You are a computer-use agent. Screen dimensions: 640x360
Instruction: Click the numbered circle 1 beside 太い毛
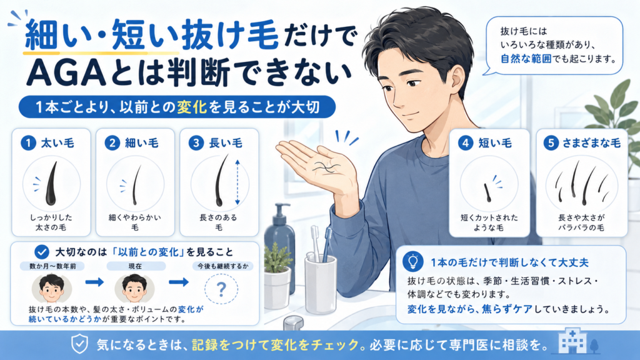[28, 143]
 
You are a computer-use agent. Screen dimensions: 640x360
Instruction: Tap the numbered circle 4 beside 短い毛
[465, 143]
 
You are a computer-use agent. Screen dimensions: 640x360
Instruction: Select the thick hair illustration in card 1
[51, 184]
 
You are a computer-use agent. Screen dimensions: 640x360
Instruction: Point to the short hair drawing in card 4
[487, 192]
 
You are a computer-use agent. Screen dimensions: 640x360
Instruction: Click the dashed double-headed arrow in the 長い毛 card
[237, 182]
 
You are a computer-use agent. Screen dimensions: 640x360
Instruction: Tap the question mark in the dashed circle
[221, 289]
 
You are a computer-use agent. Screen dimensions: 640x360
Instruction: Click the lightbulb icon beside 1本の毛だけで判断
[412, 262]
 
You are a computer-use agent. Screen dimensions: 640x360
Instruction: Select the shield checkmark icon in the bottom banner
[79, 344]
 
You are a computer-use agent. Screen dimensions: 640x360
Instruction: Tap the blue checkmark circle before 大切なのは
[42, 252]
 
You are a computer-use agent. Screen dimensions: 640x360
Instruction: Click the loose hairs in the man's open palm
[326, 167]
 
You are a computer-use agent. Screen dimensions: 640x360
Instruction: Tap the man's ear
[457, 79]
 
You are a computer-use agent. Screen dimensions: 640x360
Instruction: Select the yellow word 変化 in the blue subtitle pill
[192, 107]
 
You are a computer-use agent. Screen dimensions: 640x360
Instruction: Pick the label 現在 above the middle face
[135, 266]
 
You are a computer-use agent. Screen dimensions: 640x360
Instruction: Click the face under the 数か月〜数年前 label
[51, 288]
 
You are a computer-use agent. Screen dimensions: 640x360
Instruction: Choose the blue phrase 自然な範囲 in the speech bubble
[526, 59]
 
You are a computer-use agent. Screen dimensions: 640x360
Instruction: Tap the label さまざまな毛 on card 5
[591, 143]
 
